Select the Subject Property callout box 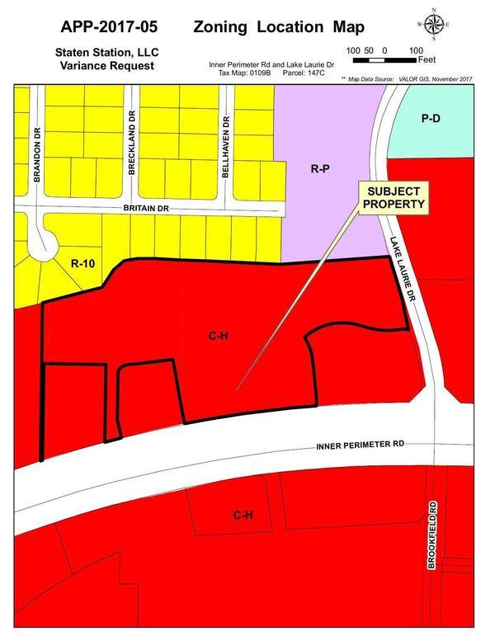[x=391, y=197]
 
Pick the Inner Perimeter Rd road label [x=361, y=445]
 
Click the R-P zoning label [x=320, y=169]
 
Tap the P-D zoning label [x=431, y=119]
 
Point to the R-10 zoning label [x=83, y=265]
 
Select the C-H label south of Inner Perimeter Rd [x=242, y=516]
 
